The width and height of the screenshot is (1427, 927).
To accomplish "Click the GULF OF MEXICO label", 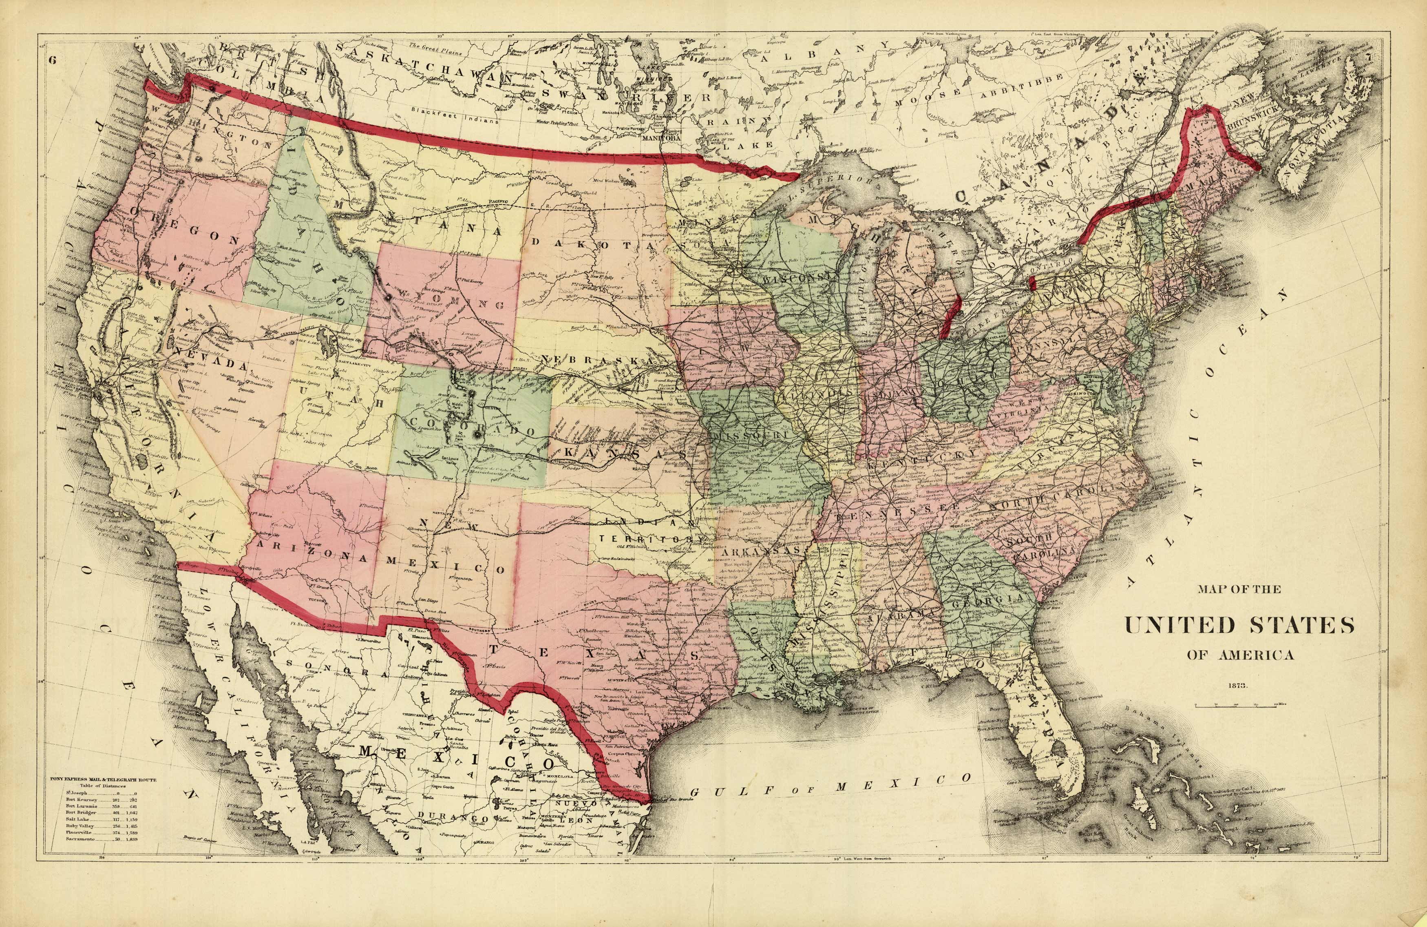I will pos(831,785).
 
